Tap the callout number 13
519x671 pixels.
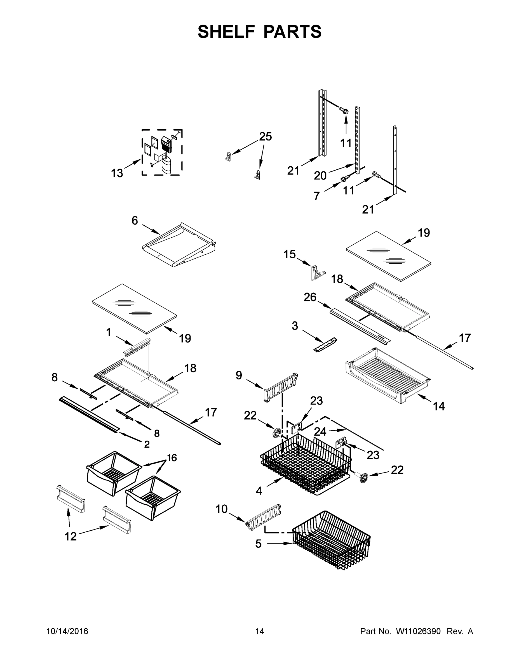click(x=117, y=173)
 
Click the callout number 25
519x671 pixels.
click(x=265, y=137)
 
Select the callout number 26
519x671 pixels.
click(x=310, y=297)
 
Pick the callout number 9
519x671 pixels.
click(x=239, y=375)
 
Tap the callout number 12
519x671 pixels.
click(x=71, y=537)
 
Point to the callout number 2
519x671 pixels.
click(x=147, y=444)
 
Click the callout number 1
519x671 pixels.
click(x=109, y=332)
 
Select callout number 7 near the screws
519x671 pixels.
click(x=317, y=196)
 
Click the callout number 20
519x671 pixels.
click(x=320, y=176)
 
